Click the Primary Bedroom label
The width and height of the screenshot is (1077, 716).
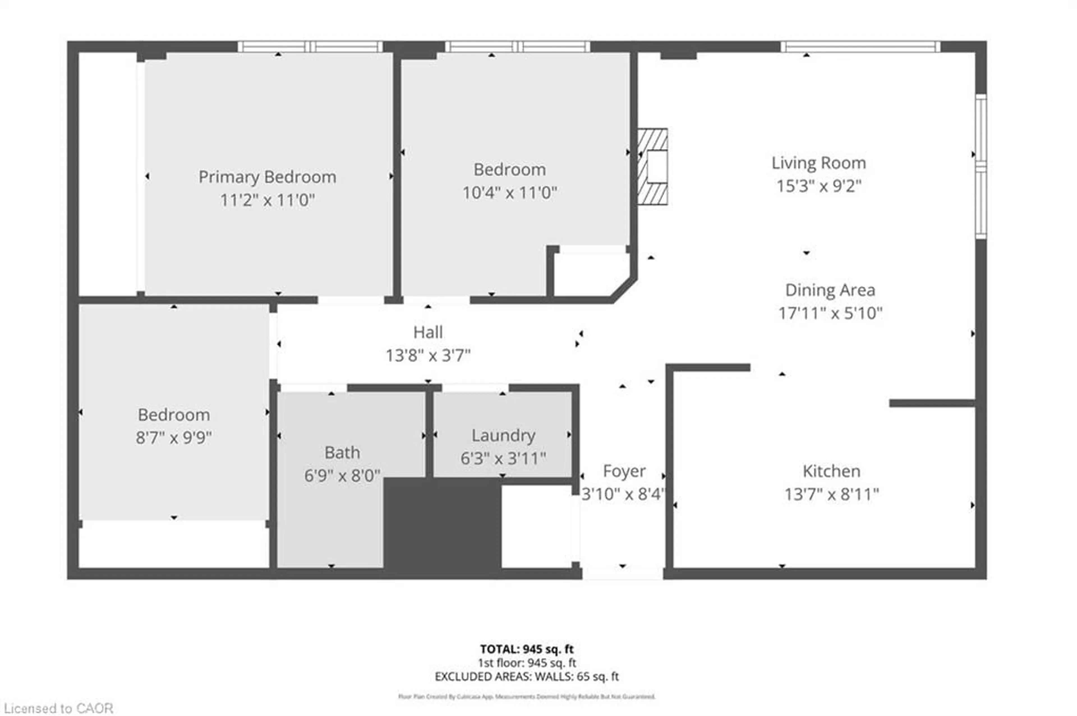point(267,177)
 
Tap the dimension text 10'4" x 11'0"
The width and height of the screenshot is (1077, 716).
point(509,193)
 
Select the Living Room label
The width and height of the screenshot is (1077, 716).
point(818,163)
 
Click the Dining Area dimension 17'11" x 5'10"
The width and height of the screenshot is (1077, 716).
point(830,313)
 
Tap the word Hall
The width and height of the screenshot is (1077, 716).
point(428,332)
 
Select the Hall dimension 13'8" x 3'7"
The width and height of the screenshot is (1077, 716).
point(428,355)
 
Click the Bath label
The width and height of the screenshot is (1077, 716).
point(342,452)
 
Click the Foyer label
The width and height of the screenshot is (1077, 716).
point(624,471)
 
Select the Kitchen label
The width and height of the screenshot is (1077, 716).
point(831,471)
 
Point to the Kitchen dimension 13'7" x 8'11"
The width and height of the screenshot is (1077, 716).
point(831,494)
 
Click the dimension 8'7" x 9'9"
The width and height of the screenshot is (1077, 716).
point(174,438)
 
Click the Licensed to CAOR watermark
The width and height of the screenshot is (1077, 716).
point(58,708)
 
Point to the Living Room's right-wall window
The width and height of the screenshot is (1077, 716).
point(981,167)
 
